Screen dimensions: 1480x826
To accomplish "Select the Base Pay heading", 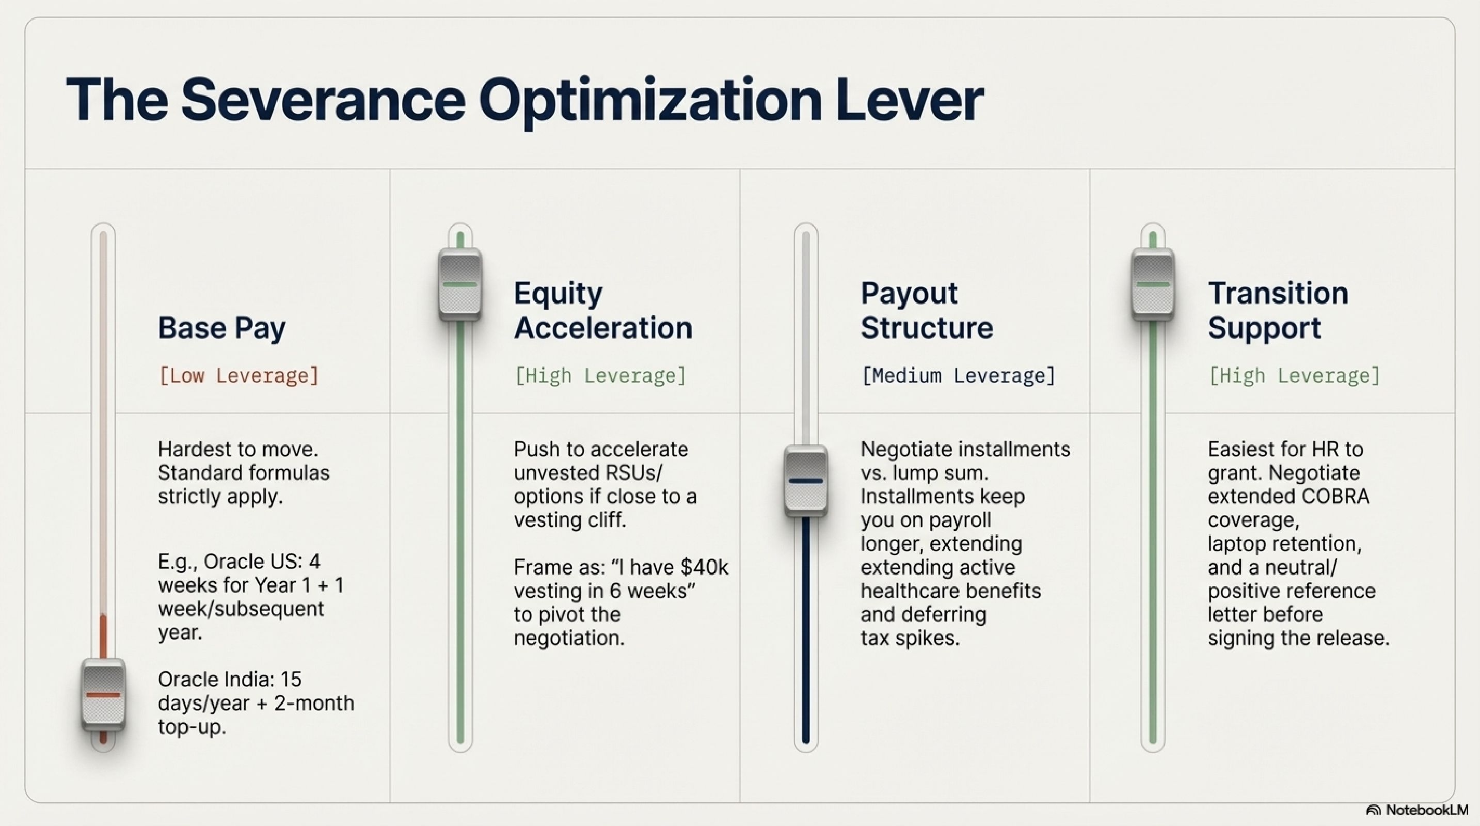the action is click(222, 328).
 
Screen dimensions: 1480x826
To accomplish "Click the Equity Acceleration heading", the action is click(603, 311).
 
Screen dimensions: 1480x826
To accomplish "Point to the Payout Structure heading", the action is click(926, 311).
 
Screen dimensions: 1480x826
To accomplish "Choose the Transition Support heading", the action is click(1278, 311).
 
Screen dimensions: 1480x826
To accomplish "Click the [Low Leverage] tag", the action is click(238, 376).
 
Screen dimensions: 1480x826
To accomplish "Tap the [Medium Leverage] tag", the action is click(958, 376).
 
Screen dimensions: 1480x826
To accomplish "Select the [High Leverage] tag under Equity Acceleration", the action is click(600, 376).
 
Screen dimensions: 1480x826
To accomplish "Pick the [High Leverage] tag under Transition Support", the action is click(1294, 376).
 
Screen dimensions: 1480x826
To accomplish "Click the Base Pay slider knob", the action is click(103, 695).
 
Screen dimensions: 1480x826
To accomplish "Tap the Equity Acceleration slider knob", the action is click(459, 284).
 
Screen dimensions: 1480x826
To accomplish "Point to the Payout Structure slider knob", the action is click(806, 481).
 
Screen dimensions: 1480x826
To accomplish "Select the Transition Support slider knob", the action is click(1153, 284).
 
